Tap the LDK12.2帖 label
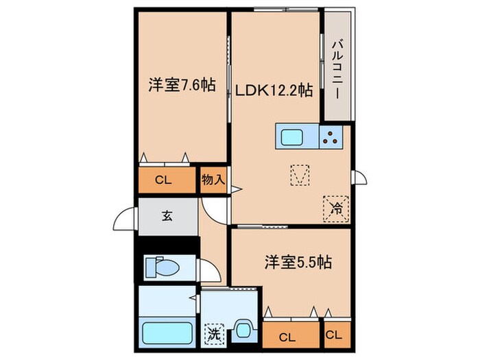point(275,89)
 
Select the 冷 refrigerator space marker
point(336,206)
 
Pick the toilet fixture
point(163,265)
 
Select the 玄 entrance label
point(167,216)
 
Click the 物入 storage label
point(213,181)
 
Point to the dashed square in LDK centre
point(298,176)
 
